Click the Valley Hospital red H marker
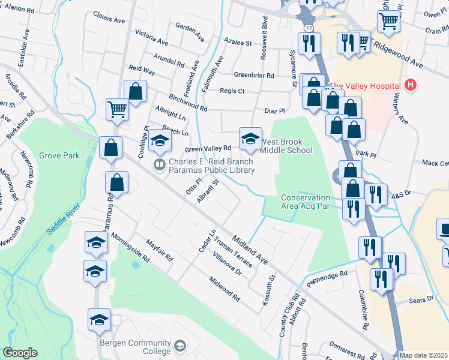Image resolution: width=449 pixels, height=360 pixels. [x=411, y=86]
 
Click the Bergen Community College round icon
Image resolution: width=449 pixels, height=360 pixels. [x=179, y=346]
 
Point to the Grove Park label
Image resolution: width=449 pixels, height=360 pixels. [x=59, y=155]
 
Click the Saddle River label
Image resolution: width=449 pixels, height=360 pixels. [x=64, y=219]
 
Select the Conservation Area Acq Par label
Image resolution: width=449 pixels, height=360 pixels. [x=306, y=202]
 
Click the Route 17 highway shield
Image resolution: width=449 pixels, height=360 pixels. [x=309, y=28]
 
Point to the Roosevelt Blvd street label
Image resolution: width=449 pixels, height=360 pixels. [x=264, y=38]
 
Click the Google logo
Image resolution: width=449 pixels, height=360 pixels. [x=20, y=353]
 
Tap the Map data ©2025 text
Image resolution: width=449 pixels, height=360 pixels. [x=423, y=355]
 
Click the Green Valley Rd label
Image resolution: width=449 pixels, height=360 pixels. [x=208, y=148]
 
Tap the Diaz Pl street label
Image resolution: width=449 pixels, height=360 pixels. [x=274, y=111]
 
